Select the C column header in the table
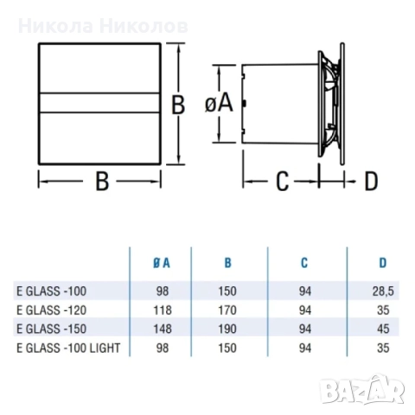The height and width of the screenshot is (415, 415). point(306,264)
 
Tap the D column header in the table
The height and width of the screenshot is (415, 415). point(382,264)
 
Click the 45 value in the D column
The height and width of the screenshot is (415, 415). point(385,329)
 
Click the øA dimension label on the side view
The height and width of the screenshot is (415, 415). point(220,103)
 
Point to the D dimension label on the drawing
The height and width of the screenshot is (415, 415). point(370,181)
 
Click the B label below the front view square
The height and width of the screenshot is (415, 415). point(101,182)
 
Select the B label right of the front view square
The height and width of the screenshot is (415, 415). point(178,105)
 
